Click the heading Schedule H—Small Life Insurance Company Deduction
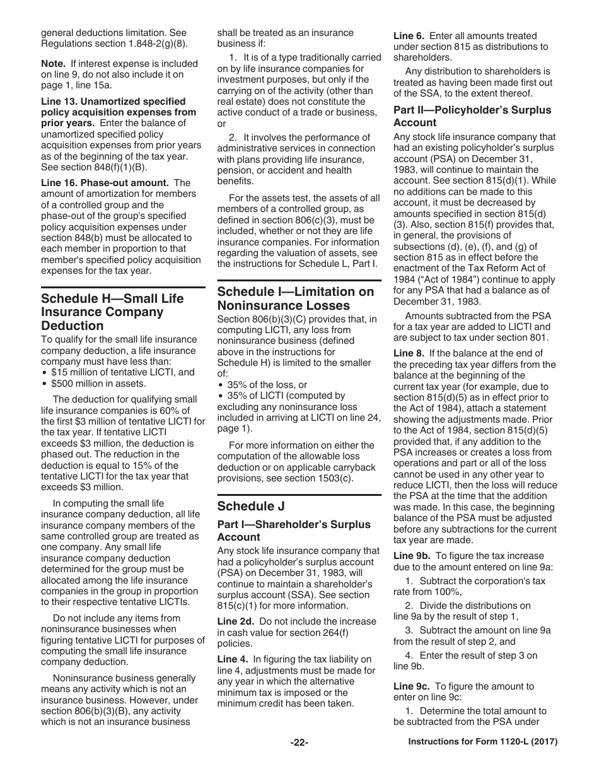coord(112,312)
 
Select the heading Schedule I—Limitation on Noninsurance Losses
coord(295,298)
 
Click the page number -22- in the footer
coord(299,743)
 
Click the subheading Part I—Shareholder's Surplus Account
coord(294,531)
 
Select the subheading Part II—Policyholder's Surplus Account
coord(472,116)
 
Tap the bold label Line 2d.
coord(236,621)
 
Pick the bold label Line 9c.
coord(412,686)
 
